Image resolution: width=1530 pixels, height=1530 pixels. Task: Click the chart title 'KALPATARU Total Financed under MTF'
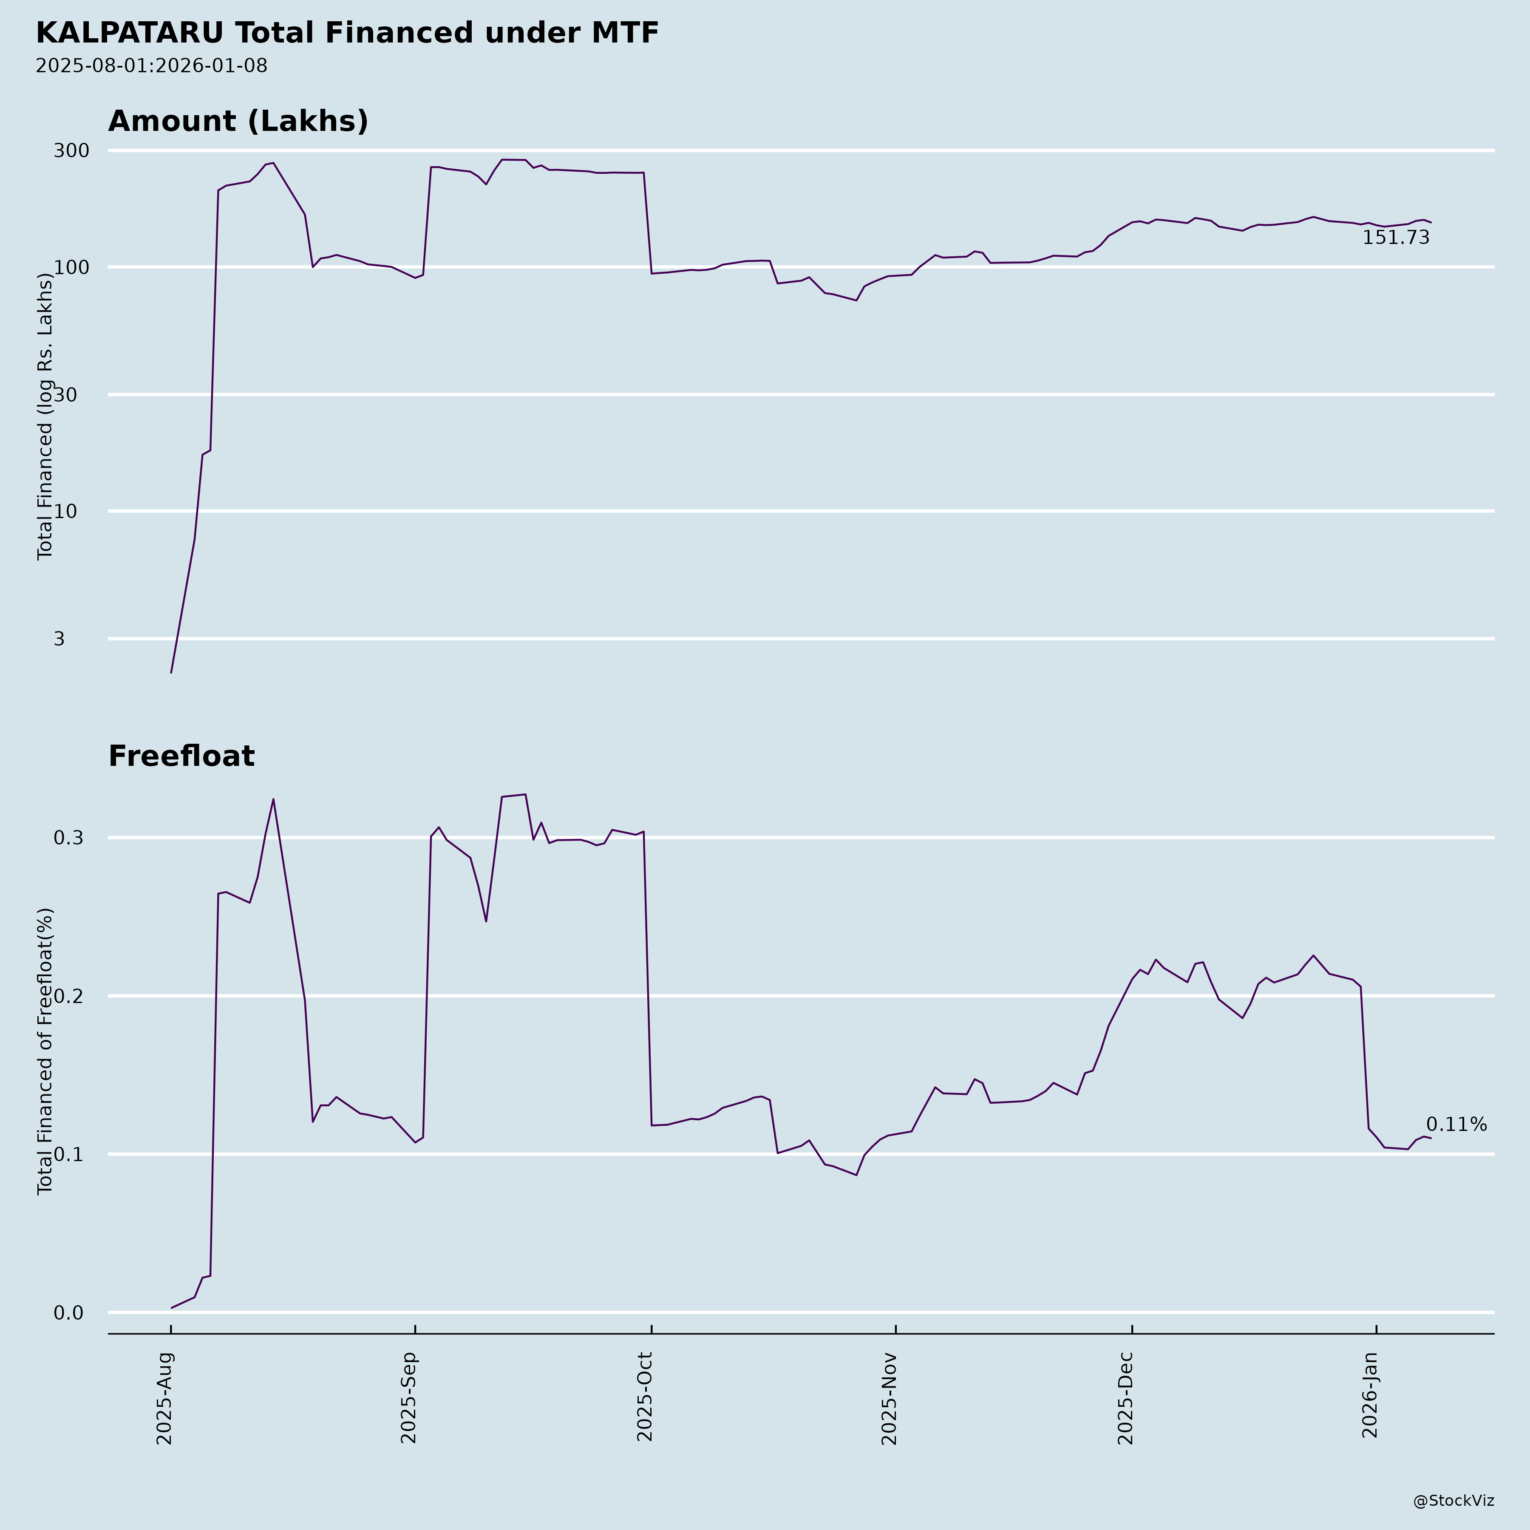(x=347, y=33)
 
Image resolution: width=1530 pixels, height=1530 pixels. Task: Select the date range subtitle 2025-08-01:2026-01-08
(x=151, y=66)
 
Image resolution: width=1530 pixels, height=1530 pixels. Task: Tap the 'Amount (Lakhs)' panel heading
(x=238, y=121)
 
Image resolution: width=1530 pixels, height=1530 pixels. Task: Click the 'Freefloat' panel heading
(x=181, y=756)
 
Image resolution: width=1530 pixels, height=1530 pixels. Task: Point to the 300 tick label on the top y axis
(x=71, y=150)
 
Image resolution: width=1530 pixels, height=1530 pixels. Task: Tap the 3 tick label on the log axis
(x=59, y=639)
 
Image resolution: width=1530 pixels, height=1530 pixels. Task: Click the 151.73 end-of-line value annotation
(x=1395, y=238)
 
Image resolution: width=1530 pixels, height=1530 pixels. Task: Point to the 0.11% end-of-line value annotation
(x=1456, y=1125)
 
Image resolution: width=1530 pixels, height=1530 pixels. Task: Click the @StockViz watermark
(x=1453, y=1501)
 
